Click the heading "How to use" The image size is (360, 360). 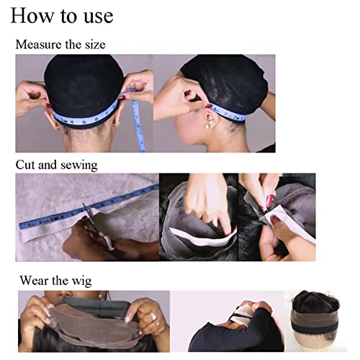click(x=62, y=15)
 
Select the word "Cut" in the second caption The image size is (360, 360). click(x=26, y=165)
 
